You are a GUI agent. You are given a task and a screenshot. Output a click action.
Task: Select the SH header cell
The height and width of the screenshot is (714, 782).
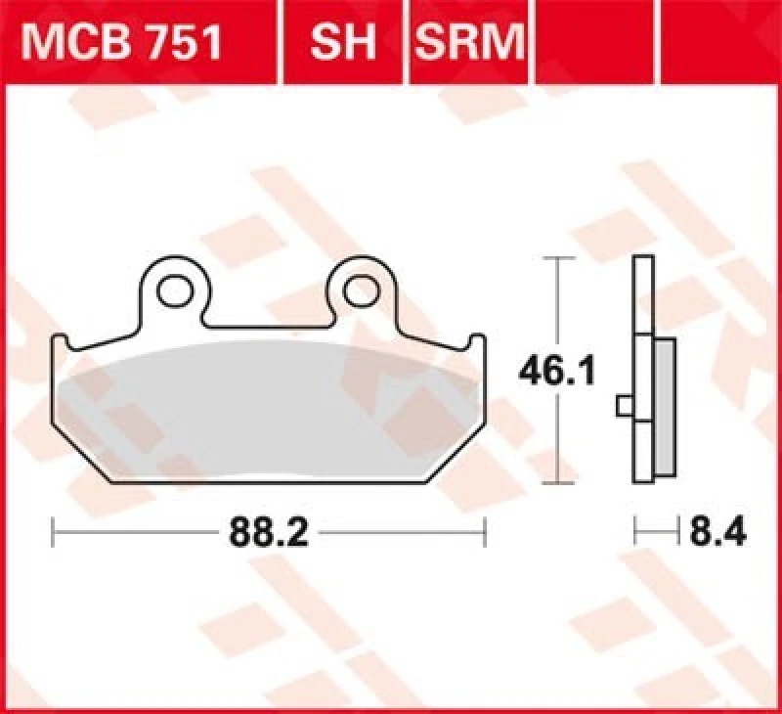pyautogui.click(x=341, y=43)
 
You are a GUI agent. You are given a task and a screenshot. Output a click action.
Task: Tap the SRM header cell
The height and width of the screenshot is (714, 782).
pyautogui.click(x=470, y=43)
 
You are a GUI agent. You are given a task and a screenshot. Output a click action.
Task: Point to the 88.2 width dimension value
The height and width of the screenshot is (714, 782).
pyautogui.click(x=269, y=534)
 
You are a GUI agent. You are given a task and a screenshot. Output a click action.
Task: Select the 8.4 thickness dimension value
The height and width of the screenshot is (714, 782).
pyautogui.click(x=718, y=534)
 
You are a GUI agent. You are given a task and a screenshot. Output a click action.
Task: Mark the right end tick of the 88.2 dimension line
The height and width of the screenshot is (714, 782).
pyautogui.click(x=485, y=534)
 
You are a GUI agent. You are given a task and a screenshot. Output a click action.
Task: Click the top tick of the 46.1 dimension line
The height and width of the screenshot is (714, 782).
pyautogui.click(x=557, y=258)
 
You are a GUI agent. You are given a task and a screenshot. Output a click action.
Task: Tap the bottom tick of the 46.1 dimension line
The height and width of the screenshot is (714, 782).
pyautogui.click(x=557, y=483)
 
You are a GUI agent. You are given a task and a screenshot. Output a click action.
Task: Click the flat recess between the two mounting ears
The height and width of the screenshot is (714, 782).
pyautogui.click(x=270, y=327)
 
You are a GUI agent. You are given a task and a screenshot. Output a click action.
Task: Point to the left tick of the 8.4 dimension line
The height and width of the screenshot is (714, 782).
pyautogui.click(x=635, y=534)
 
